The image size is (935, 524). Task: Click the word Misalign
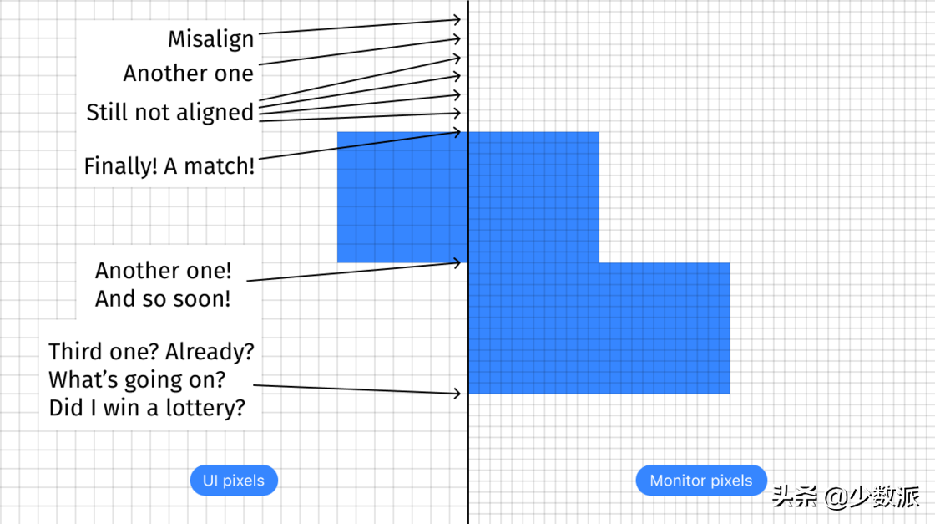(x=210, y=38)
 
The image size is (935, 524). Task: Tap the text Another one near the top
(x=188, y=74)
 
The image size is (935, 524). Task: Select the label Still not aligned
(x=169, y=112)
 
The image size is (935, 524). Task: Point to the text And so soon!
(x=163, y=298)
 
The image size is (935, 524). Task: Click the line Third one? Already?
(x=151, y=352)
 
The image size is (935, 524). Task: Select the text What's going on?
(x=137, y=380)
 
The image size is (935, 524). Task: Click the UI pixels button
(x=234, y=481)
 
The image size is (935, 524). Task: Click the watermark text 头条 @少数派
(x=845, y=497)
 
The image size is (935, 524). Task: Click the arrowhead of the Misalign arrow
(x=457, y=19)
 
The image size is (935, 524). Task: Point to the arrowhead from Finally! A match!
(x=457, y=132)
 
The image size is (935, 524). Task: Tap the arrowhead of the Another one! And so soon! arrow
(x=457, y=262)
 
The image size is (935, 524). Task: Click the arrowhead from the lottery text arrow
(x=457, y=393)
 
